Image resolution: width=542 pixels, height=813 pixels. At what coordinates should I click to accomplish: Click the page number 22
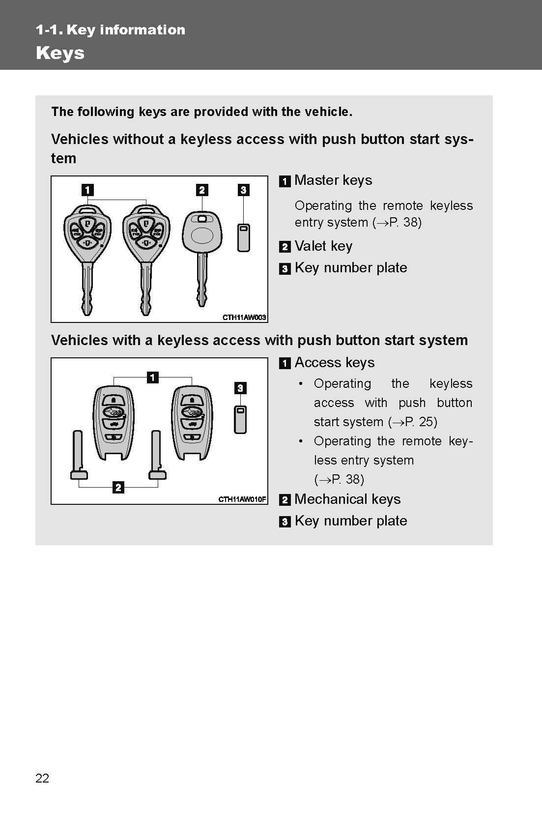click(x=42, y=778)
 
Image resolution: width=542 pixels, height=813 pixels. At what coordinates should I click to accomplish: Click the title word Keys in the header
click(x=60, y=53)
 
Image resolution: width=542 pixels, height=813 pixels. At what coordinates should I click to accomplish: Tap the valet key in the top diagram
click(x=202, y=246)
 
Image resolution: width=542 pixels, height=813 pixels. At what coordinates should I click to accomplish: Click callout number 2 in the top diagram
click(x=202, y=190)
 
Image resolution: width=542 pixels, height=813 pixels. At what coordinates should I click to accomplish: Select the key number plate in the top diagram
click(x=244, y=238)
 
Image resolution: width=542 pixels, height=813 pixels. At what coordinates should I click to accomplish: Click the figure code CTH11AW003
click(x=244, y=317)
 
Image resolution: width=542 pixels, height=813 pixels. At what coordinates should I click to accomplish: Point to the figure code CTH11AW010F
click(x=242, y=499)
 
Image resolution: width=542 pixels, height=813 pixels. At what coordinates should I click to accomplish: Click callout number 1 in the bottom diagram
click(x=153, y=377)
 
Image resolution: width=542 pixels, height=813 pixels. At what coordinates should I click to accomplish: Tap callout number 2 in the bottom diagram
click(x=118, y=488)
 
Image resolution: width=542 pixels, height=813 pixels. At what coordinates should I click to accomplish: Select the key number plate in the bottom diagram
click(x=240, y=420)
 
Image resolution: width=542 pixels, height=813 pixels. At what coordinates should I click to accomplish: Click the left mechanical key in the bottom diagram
click(x=79, y=455)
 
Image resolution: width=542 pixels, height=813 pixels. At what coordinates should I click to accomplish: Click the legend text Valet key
click(x=323, y=246)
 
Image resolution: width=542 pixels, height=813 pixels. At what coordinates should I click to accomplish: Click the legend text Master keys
click(x=333, y=180)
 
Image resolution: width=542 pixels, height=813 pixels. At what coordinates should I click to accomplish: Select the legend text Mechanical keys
click(x=347, y=499)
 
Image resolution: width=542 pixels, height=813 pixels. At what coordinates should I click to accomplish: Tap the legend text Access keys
click(x=334, y=362)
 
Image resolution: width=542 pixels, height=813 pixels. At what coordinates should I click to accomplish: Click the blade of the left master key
click(x=87, y=290)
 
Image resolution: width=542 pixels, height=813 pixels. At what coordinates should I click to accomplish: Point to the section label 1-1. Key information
click(x=111, y=30)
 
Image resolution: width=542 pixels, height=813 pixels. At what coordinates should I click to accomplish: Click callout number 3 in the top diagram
click(x=244, y=190)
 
